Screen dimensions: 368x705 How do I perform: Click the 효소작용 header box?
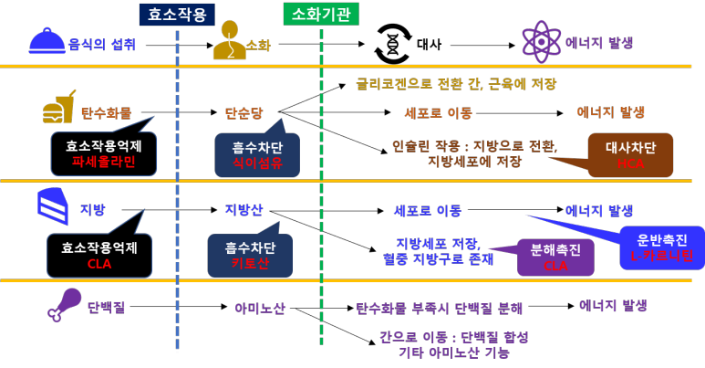click(x=177, y=15)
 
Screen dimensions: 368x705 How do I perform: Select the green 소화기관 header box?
click(x=321, y=14)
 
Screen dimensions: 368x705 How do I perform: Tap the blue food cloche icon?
click(x=47, y=41)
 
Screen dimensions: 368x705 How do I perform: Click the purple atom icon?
click(x=541, y=41)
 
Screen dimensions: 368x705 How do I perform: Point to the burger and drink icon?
click(x=57, y=110)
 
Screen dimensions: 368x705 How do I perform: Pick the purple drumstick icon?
click(x=63, y=305)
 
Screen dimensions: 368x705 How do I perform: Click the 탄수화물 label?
click(x=106, y=113)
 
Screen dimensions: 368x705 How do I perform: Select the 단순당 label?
click(x=244, y=113)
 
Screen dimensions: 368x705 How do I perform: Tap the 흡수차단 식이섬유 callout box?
click(x=257, y=153)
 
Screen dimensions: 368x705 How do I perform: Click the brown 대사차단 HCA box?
click(x=630, y=154)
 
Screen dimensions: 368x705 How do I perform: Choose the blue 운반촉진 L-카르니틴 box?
click(x=661, y=247)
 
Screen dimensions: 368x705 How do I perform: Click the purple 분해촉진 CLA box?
click(x=555, y=257)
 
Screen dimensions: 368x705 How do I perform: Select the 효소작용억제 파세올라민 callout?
click(x=103, y=152)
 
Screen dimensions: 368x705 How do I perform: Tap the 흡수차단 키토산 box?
click(x=250, y=255)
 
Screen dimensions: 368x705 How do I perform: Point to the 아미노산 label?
click(x=259, y=309)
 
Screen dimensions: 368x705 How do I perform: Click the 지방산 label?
click(x=244, y=210)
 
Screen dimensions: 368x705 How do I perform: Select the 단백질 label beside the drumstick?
click(x=106, y=307)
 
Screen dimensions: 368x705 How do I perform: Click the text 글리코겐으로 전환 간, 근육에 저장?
click(x=455, y=84)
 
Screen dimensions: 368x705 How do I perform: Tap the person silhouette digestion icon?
click(x=230, y=41)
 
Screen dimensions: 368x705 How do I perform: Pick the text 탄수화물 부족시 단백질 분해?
click(x=439, y=309)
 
